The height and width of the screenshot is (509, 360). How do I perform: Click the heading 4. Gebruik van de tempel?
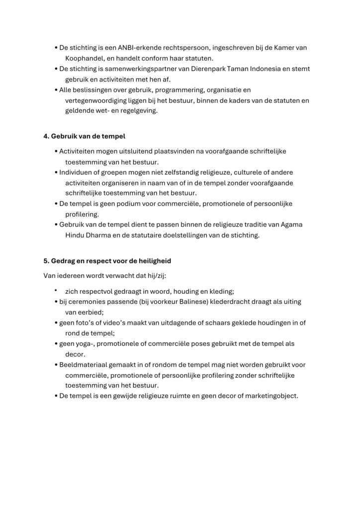click(x=84, y=136)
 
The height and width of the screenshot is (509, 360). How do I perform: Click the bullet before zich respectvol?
click(x=56, y=290)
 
